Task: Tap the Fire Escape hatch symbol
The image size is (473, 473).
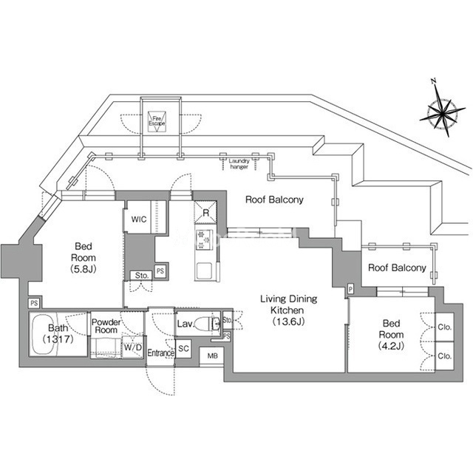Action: [157, 121]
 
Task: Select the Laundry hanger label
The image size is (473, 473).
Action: [239, 164]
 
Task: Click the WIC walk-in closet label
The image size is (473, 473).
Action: [139, 220]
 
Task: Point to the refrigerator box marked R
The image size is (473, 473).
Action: [205, 212]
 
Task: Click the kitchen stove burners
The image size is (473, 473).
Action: [204, 239]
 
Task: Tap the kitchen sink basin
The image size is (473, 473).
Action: [204, 271]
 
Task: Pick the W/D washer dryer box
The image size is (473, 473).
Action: [133, 347]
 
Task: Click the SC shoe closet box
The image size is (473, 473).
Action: [183, 349]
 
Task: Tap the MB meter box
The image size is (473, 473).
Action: [212, 356]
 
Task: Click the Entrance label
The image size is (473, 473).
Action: [161, 353]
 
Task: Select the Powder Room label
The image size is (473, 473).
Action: [106, 326]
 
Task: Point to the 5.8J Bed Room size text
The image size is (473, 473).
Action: [84, 269]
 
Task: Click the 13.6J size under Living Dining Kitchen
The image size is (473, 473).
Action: [288, 321]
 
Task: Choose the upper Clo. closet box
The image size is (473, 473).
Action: [444, 327]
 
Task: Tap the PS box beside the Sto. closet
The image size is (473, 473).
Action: [160, 271]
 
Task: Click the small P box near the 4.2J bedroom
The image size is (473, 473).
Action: [350, 290]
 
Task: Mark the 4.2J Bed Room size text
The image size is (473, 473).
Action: [391, 346]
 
